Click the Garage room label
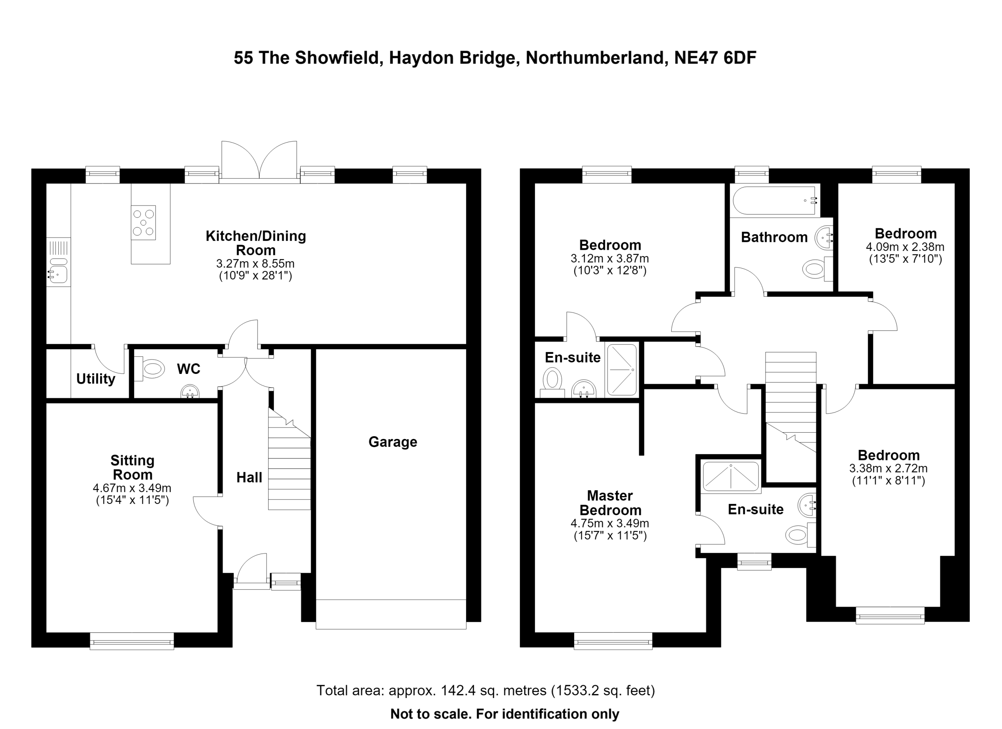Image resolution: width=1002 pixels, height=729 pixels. tap(392, 442)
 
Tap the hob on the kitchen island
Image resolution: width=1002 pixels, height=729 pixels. tap(143, 222)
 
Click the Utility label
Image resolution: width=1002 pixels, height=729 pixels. tap(96, 379)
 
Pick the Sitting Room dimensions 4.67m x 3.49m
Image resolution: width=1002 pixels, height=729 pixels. tap(132, 488)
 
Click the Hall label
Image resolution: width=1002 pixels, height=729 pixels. tap(249, 477)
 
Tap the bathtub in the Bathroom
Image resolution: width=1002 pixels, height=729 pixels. tap(775, 200)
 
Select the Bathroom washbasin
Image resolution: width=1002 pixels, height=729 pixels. tap(824, 238)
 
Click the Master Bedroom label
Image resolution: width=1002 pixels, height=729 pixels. tap(610, 503)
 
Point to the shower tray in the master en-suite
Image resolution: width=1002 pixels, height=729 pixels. tap(731, 477)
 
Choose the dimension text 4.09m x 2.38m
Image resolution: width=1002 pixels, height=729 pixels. tap(905, 247)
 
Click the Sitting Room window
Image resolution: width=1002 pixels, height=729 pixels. tap(132, 641)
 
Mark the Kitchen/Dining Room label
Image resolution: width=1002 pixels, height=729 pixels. tap(256, 243)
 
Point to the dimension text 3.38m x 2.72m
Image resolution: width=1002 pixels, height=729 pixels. tap(888, 468)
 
